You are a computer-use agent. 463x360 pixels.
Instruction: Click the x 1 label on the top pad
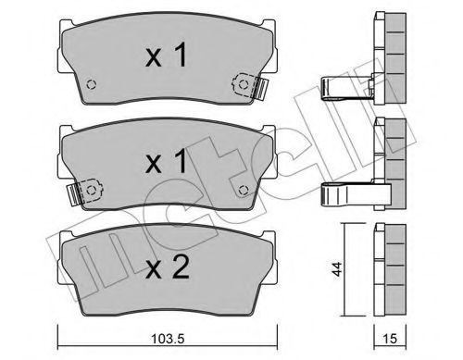pyautogui.click(x=167, y=57)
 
